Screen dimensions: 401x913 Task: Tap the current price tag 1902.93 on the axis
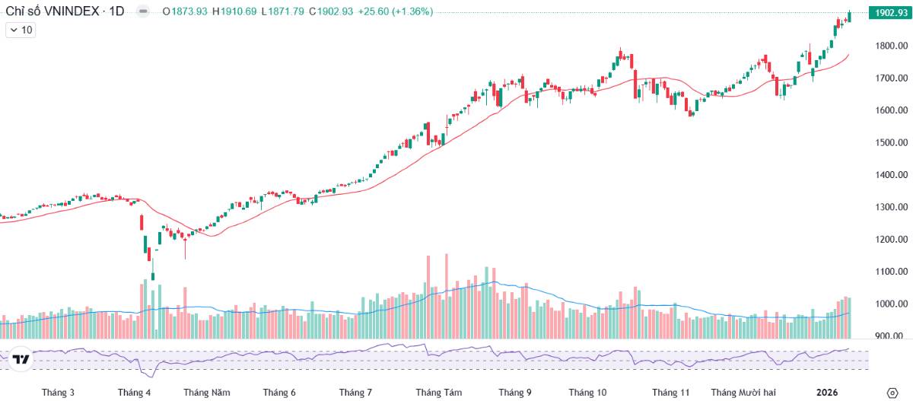point(891,13)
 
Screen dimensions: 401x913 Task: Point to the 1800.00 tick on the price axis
point(891,46)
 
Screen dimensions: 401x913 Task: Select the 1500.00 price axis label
point(891,142)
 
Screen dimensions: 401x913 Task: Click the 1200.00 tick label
point(891,239)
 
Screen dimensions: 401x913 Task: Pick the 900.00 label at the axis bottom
point(891,336)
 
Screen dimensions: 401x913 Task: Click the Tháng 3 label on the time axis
point(59,393)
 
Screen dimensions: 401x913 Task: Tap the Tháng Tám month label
point(439,393)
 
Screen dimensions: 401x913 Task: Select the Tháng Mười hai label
point(743,393)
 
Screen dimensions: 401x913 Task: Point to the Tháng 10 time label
point(588,393)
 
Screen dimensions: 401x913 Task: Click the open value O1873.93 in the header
point(185,12)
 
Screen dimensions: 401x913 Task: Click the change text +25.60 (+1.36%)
point(396,12)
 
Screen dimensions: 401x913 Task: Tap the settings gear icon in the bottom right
point(892,393)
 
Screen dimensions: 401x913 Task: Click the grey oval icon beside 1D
point(142,12)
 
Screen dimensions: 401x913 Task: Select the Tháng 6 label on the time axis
point(279,393)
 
